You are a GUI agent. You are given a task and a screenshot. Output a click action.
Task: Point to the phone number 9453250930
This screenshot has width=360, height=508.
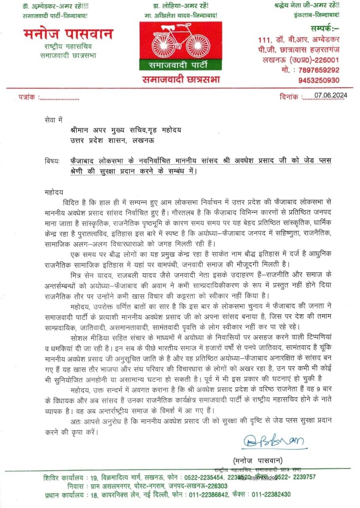point(319,80)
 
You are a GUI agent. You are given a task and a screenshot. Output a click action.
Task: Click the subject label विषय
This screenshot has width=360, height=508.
point(52,161)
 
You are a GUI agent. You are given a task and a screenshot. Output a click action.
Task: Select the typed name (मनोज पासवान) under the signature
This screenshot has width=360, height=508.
point(258,460)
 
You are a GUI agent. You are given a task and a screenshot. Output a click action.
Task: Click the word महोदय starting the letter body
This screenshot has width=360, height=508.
point(54,192)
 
